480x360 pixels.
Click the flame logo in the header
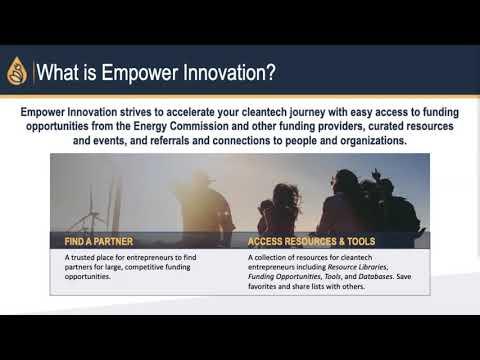pyautogui.click(x=17, y=71)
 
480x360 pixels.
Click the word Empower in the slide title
pyautogui.click(x=139, y=72)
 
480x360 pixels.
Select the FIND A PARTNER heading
pyautogui.click(x=99, y=241)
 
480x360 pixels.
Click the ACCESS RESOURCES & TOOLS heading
pyautogui.click(x=311, y=241)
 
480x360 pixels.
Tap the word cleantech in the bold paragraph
pyautogui.click(x=264, y=112)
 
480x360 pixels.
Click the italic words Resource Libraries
pyautogui.click(x=357, y=267)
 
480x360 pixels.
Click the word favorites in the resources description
pyautogui.click(x=262, y=286)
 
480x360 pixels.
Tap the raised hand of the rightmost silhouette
pyautogui.click(x=376, y=173)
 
